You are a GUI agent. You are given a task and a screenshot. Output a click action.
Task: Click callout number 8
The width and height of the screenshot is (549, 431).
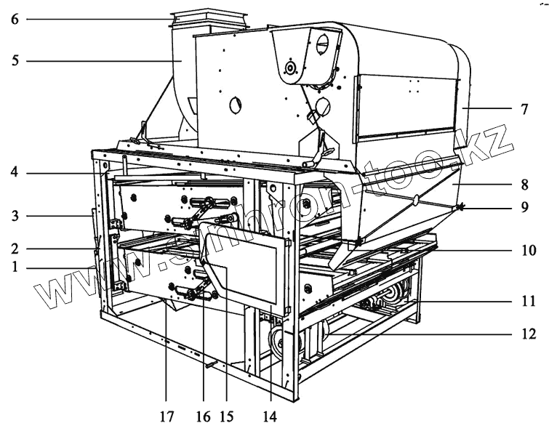point(524,185)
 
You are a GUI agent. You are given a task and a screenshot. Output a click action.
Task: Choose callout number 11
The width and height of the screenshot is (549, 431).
point(524,299)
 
